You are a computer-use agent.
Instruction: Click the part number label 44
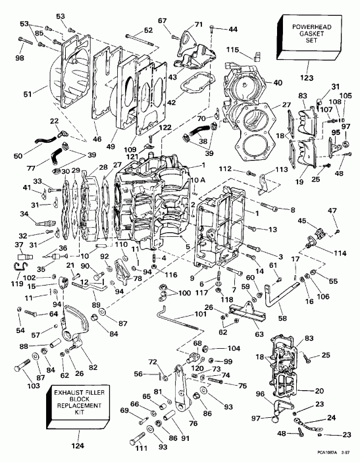[x=233, y=30]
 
